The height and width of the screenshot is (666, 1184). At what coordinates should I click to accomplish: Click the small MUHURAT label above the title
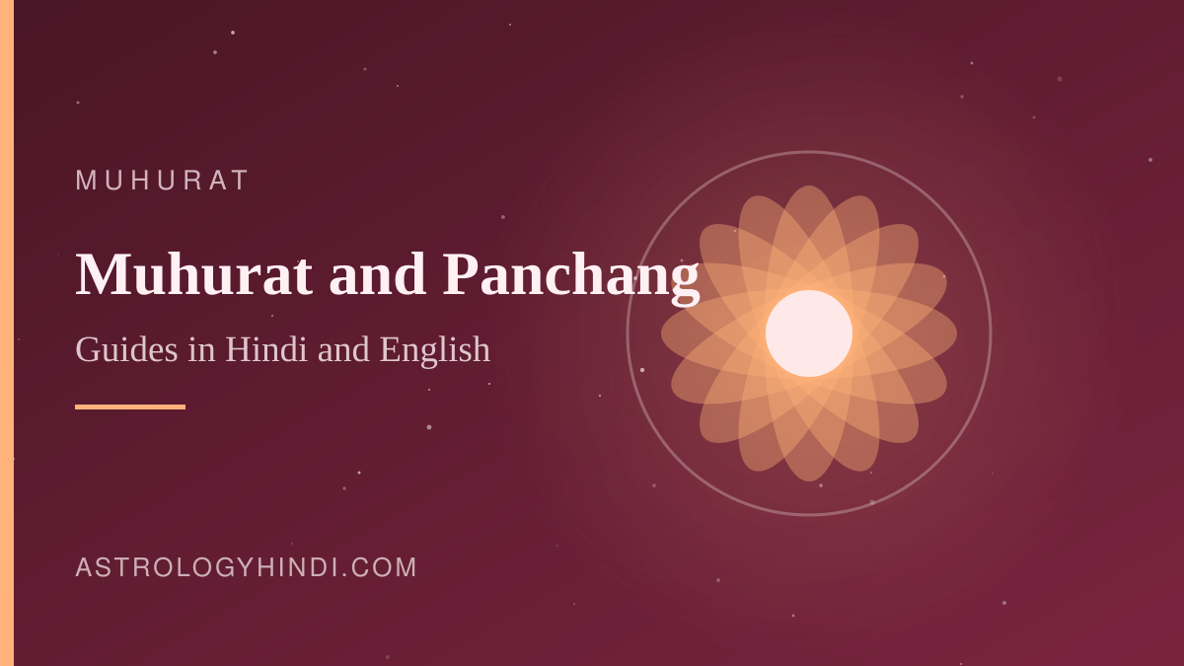[x=162, y=181]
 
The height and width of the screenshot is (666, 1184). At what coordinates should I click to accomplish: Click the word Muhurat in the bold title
[x=194, y=274]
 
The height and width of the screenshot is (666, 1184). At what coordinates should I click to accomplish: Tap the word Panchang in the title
[x=571, y=278]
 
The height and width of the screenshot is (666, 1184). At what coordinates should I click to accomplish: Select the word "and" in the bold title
[x=377, y=274]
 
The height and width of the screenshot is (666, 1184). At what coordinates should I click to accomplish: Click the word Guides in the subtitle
[x=127, y=349]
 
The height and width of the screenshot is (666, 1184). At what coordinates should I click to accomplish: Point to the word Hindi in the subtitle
[x=266, y=349]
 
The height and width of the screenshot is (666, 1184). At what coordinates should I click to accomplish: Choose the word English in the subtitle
[x=435, y=350]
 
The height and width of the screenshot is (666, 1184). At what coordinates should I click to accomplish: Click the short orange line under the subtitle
[x=130, y=407]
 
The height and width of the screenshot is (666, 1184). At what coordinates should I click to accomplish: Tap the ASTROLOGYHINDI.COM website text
[x=247, y=567]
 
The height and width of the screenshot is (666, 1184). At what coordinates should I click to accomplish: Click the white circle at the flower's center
[x=809, y=333]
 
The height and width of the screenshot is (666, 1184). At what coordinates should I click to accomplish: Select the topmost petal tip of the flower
[x=809, y=186]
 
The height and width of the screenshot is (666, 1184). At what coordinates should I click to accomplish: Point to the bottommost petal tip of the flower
[x=809, y=481]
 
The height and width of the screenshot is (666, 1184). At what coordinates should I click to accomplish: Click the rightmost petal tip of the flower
[x=956, y=333]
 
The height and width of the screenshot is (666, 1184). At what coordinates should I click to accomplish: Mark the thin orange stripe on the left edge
[x=7, y=333]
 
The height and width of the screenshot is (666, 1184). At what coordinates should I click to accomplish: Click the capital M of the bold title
[x=104, y=274]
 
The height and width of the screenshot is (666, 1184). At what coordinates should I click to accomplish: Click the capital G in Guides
[x=88, y=349]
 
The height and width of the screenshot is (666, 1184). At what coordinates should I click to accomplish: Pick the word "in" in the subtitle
[x=202, y=349]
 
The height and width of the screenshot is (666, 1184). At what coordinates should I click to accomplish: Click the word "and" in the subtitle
[x=343, y=349]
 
